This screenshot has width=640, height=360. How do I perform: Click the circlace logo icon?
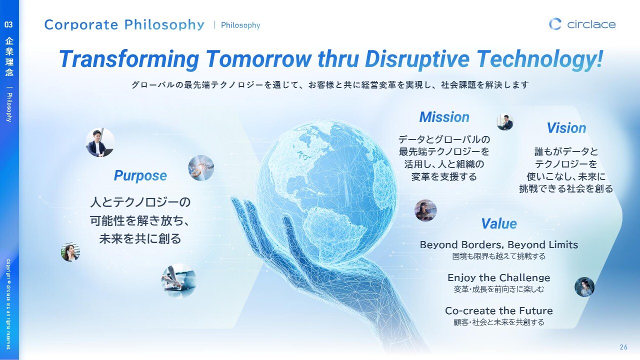coord(555,24)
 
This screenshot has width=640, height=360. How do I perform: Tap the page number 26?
coord(623,347)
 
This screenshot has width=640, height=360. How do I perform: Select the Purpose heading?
coord(140,175)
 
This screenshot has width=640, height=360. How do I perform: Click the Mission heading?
coord(444,117)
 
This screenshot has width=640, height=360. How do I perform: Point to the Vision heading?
coord(566,128)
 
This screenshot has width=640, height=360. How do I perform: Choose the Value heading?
coord(499,223)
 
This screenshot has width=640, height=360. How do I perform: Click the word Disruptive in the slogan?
coord(417,59)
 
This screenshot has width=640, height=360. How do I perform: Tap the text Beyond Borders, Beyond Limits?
coord(499,245)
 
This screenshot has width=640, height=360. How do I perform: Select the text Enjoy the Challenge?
coord(499,277)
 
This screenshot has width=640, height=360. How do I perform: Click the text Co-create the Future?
coord(499,310)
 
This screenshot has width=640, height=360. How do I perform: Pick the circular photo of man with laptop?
coord(100,142)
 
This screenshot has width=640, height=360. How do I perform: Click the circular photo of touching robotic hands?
coord(201,168)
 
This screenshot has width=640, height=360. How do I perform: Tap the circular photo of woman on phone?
coord(70,252)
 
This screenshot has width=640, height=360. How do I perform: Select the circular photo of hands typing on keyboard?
coord(179,281)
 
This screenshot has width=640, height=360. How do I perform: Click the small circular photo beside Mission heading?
coord(505,122)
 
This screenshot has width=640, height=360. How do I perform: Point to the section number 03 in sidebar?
coord(8,24)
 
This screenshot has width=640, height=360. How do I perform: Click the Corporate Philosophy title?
coord(124,25)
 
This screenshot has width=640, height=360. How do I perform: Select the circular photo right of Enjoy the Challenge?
coord(584,287)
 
